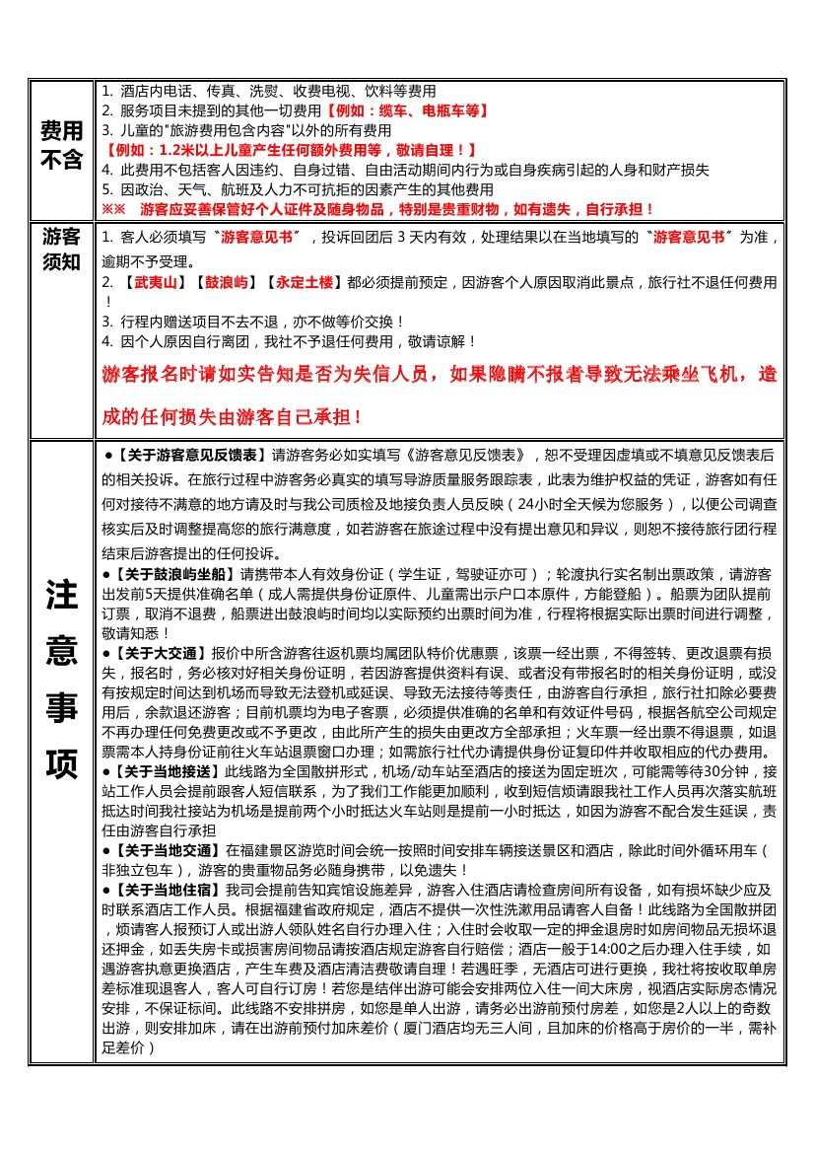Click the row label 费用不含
tap(61, 145)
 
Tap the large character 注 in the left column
tap(61, 595)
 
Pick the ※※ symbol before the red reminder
tap(114, 209)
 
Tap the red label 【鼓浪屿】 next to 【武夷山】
tap(226, 282)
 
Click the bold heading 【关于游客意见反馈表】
tap(190, 456)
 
